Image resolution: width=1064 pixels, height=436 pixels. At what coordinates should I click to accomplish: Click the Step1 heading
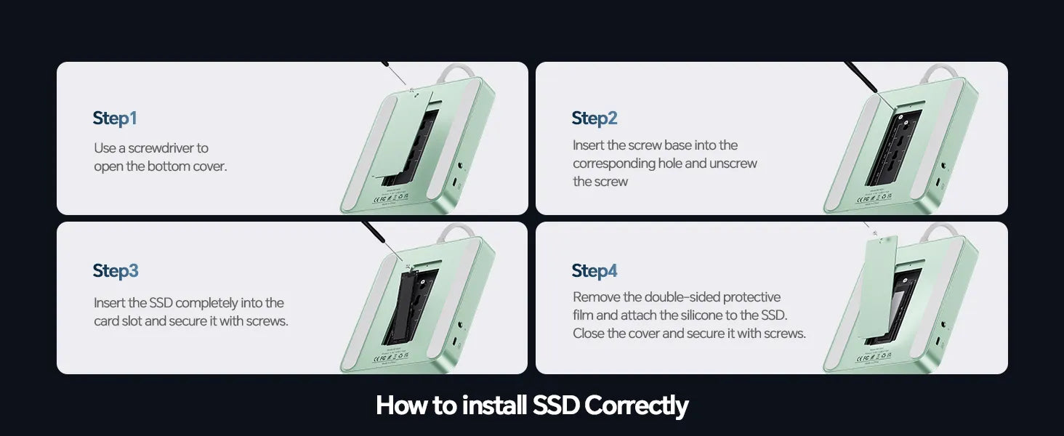point(115,118)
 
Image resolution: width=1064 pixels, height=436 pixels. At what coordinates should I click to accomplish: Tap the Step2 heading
point(595,118)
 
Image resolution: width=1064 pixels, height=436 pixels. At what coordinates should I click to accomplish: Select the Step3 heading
point(116,271)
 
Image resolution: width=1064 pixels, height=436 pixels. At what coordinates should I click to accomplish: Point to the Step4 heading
point(595,271)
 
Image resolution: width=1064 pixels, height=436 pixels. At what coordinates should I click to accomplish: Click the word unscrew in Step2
point(733,163)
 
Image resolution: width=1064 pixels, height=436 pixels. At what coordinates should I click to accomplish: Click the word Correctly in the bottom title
point(636,405)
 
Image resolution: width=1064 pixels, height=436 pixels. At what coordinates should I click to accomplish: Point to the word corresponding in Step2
point(613,163)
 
